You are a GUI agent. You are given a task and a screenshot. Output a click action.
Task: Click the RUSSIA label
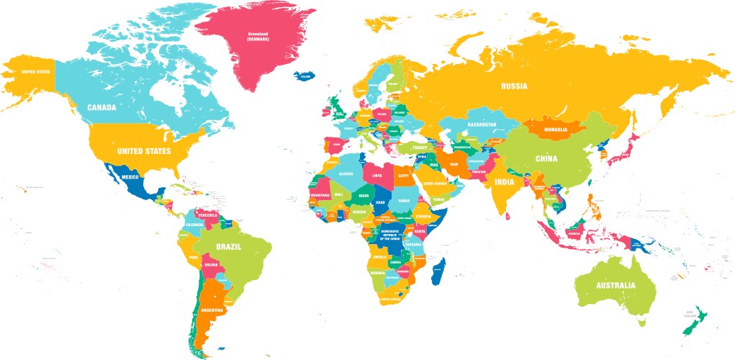tap(514, 86)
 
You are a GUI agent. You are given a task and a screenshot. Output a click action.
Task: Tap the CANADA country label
tap(102, 107)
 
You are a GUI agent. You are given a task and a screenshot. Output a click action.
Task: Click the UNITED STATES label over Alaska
tap(35, 72)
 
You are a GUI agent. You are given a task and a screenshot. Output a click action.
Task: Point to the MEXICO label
tap(130, 176)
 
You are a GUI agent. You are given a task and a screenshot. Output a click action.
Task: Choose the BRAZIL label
tap(227, 246)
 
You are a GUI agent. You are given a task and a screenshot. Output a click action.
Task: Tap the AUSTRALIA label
tap(615, 286)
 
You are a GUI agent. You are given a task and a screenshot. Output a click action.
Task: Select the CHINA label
tap(547, 159)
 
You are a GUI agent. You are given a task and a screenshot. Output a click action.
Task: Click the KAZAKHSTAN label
tap(482, 125)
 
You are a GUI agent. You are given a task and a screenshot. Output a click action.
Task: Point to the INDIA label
tap(504, 182)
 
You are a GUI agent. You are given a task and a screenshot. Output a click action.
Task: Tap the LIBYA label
tap(377, 174)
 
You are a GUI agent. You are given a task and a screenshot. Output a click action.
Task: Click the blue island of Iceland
tap(305, 75)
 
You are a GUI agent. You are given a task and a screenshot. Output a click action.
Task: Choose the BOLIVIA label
tap(211, 265)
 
